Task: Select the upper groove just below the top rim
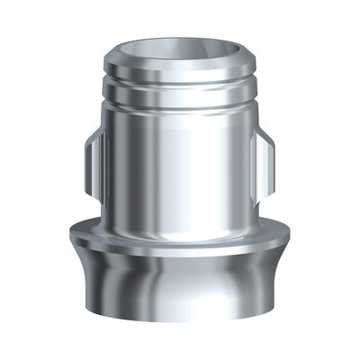pos(179,78)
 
